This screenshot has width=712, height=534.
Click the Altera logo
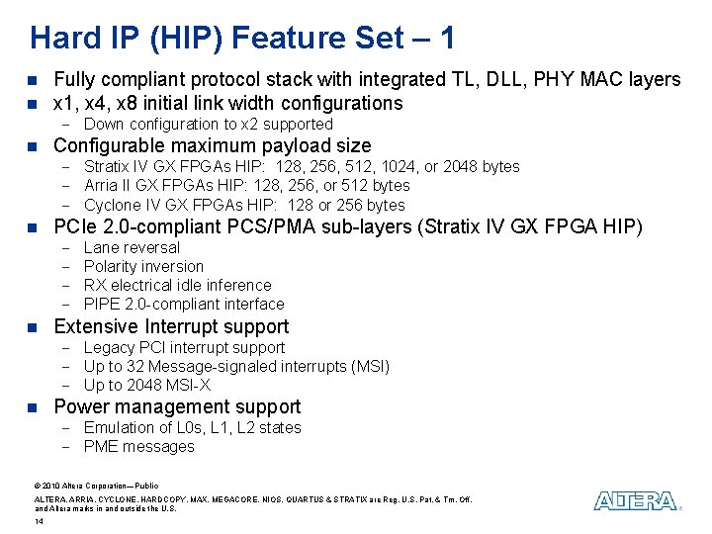637,500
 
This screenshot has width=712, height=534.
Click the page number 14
38,521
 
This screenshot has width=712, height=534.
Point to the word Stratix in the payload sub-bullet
107,166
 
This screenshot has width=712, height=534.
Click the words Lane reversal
132,247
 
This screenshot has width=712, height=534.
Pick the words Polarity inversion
143,266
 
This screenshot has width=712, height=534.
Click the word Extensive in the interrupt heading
96,326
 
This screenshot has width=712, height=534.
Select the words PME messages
138,446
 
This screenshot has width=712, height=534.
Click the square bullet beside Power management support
33,407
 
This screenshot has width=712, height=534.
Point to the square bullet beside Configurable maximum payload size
33,146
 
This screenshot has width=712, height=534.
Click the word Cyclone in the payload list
112,205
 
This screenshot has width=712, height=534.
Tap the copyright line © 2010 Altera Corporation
96,487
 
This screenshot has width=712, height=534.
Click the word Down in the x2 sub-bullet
102,124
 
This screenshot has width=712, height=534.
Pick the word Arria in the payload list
102,185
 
